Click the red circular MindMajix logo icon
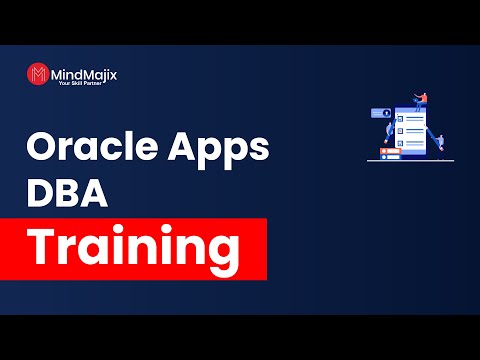click(38, 76)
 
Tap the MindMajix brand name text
click(81, 72)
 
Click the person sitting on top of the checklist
click(421, 100)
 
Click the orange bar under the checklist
click(389, 155)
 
